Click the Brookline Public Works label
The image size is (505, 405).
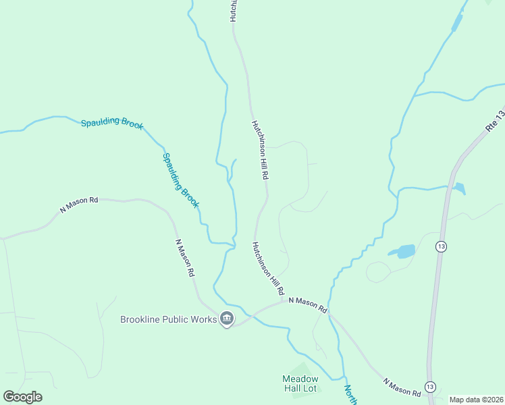[x=168, y=319]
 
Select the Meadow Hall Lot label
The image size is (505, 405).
[x=300, y=383]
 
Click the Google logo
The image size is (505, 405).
[x=22, y=397]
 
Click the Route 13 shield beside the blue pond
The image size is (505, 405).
[x=441, y=246]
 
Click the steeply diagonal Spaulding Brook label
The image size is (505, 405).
[x=181, y=180]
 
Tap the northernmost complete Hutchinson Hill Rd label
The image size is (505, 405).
[x=261, y=150]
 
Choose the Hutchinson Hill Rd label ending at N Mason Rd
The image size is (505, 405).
[x=268, y=269]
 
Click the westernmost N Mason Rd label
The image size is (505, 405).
[x=79, y=205]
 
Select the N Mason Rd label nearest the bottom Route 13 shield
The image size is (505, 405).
[x=402, y=387]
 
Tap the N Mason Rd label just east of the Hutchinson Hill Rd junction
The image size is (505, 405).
[x=308, y=304]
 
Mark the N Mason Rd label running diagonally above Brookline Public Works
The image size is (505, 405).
[x=184, y=258]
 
